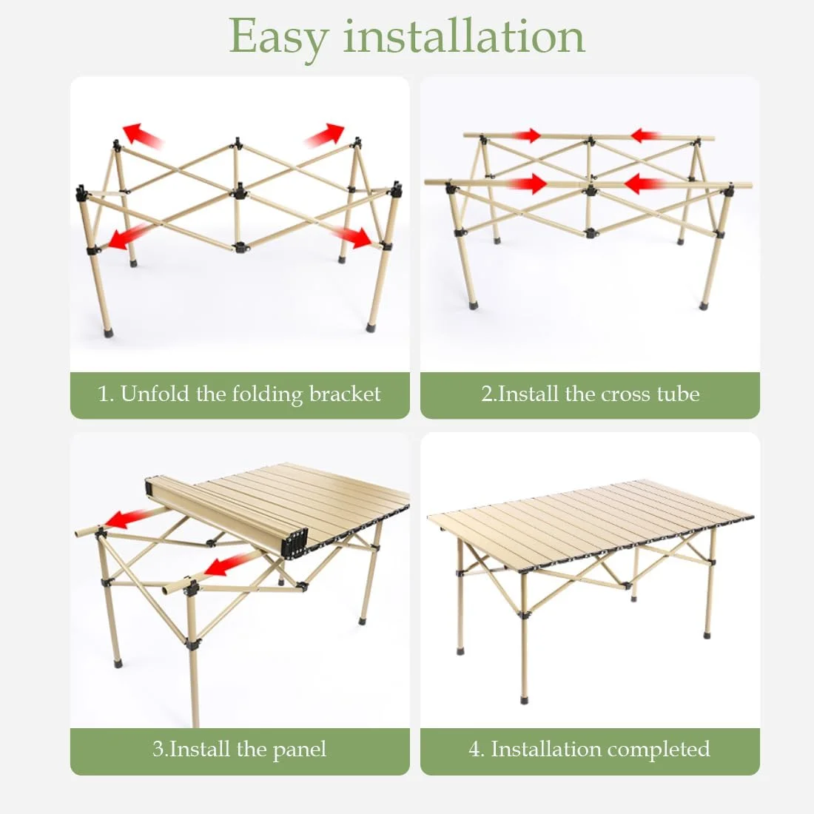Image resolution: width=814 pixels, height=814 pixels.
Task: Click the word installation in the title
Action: [x=463, y=36]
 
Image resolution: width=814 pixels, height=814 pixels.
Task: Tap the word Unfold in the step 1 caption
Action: [x=155, y=394]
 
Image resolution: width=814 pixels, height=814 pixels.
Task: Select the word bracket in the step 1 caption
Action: [x=345, y=394]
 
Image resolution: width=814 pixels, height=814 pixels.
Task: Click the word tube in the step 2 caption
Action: [x=678, y=394]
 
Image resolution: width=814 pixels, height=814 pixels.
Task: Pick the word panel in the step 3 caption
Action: [x=300, y=750]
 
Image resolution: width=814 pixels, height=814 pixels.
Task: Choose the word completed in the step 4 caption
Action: [x=658, y=750]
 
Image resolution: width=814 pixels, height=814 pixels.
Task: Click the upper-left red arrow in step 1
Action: [x=142, y=134]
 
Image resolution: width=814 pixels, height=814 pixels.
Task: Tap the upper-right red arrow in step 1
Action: [x=325, y=135]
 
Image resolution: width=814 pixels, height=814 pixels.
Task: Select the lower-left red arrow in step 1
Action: [x=127, y=238]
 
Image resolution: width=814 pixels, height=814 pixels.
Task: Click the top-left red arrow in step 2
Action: [x=526, y=135]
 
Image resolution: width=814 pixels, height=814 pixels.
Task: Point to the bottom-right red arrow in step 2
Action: [x=645, y=184]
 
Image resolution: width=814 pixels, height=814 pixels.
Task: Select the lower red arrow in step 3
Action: [x=227, y=565]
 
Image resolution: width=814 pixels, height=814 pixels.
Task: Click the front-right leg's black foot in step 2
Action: [x=704, y=304]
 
